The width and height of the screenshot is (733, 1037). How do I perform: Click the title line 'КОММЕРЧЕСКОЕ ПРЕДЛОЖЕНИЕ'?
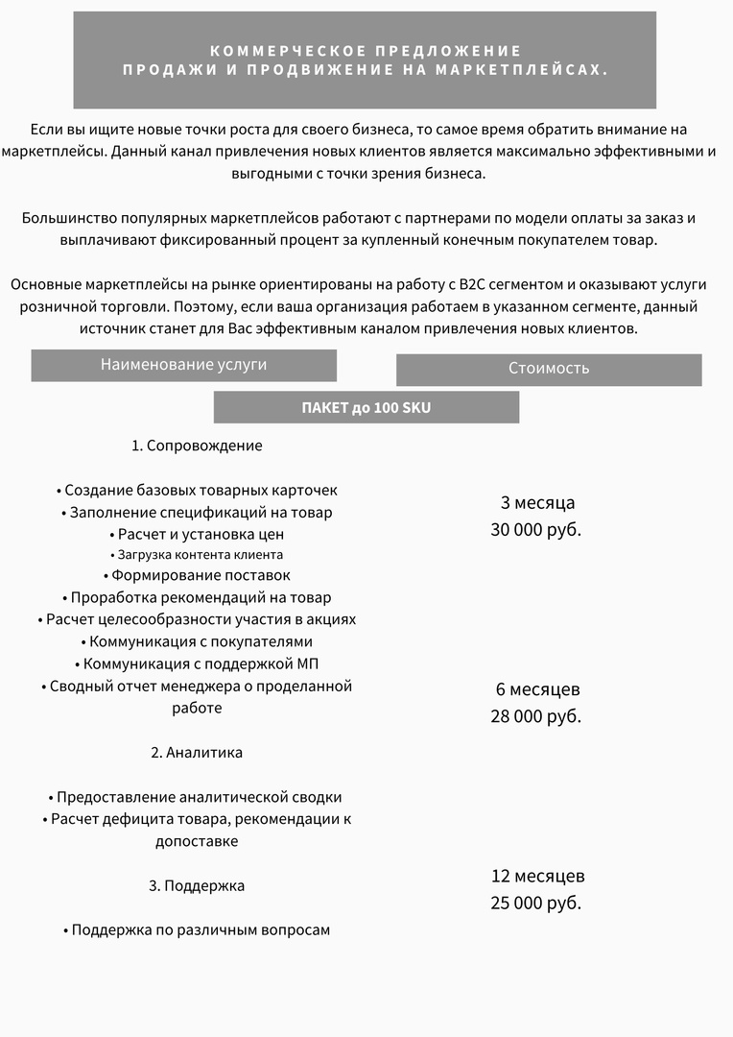click(x=365, y=50)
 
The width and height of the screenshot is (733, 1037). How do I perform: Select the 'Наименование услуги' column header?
click(x=184, y=365)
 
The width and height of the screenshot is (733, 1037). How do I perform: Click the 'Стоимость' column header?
click(x=549, y=369)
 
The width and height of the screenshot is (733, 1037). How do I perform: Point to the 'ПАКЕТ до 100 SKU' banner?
click(x=366, y=407)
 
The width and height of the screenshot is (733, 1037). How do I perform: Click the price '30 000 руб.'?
click(x=536, y=529)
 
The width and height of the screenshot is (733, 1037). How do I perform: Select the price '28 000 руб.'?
click(x=536, y=716)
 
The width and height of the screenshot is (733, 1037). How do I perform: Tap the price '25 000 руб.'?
click(x=536, y=903)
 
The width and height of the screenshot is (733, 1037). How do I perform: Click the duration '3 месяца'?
click(x=537, y=502)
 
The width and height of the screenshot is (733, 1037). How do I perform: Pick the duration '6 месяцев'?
click(x=537, y=689)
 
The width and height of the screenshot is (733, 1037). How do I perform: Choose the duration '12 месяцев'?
click(x=537, y=876)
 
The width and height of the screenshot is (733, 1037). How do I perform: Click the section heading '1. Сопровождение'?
click(x=197, y=446)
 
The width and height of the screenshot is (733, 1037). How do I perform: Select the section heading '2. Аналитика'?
click(x=197, y=753)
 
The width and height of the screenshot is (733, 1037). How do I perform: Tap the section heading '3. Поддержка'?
click(x=197, y=885)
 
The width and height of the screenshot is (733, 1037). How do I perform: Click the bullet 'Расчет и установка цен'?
click(x=197, y=534)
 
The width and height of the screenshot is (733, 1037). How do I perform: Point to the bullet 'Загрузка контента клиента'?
click(x=197, y=555)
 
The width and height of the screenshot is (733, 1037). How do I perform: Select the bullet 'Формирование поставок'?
click(x=197, y=576)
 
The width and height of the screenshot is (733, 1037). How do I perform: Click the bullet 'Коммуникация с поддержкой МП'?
click(x=197, y=663)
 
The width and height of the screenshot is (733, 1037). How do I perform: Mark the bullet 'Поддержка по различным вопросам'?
click(x=197, y=929)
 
